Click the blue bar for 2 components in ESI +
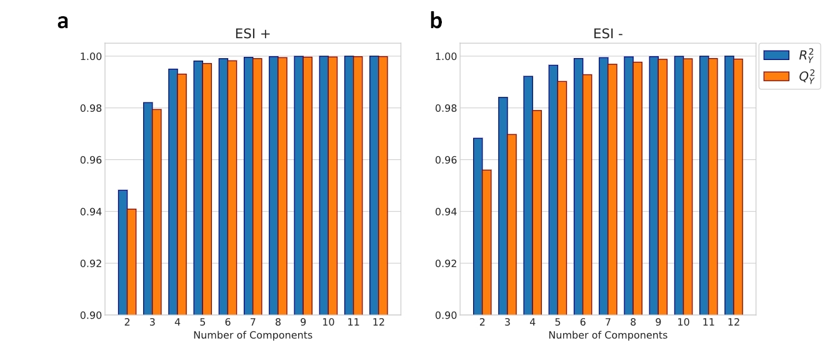coord(122,252)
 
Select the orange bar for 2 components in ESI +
coord(132,262)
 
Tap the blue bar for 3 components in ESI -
coord(503,206)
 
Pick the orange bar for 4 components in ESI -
coord(537,212)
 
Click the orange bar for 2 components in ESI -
coord(487,242)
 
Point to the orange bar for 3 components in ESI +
coord(157,212)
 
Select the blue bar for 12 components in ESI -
coord(729,185)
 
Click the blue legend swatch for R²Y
coord(776,55)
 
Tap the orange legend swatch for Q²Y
coord(776,76)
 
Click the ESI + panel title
coord(252,34)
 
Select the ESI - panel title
coord(608,34)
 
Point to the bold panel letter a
coord(63,21)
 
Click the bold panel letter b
coord(436,21)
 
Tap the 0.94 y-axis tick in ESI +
coord(91,212)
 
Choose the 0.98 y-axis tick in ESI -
coord(446,108)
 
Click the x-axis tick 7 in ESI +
coord(252,322)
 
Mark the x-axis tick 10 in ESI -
coord(683,322)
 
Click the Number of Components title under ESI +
coord(252,335)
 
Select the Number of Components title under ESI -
coord(608,335)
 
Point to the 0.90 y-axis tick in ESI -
coord(446,316)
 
